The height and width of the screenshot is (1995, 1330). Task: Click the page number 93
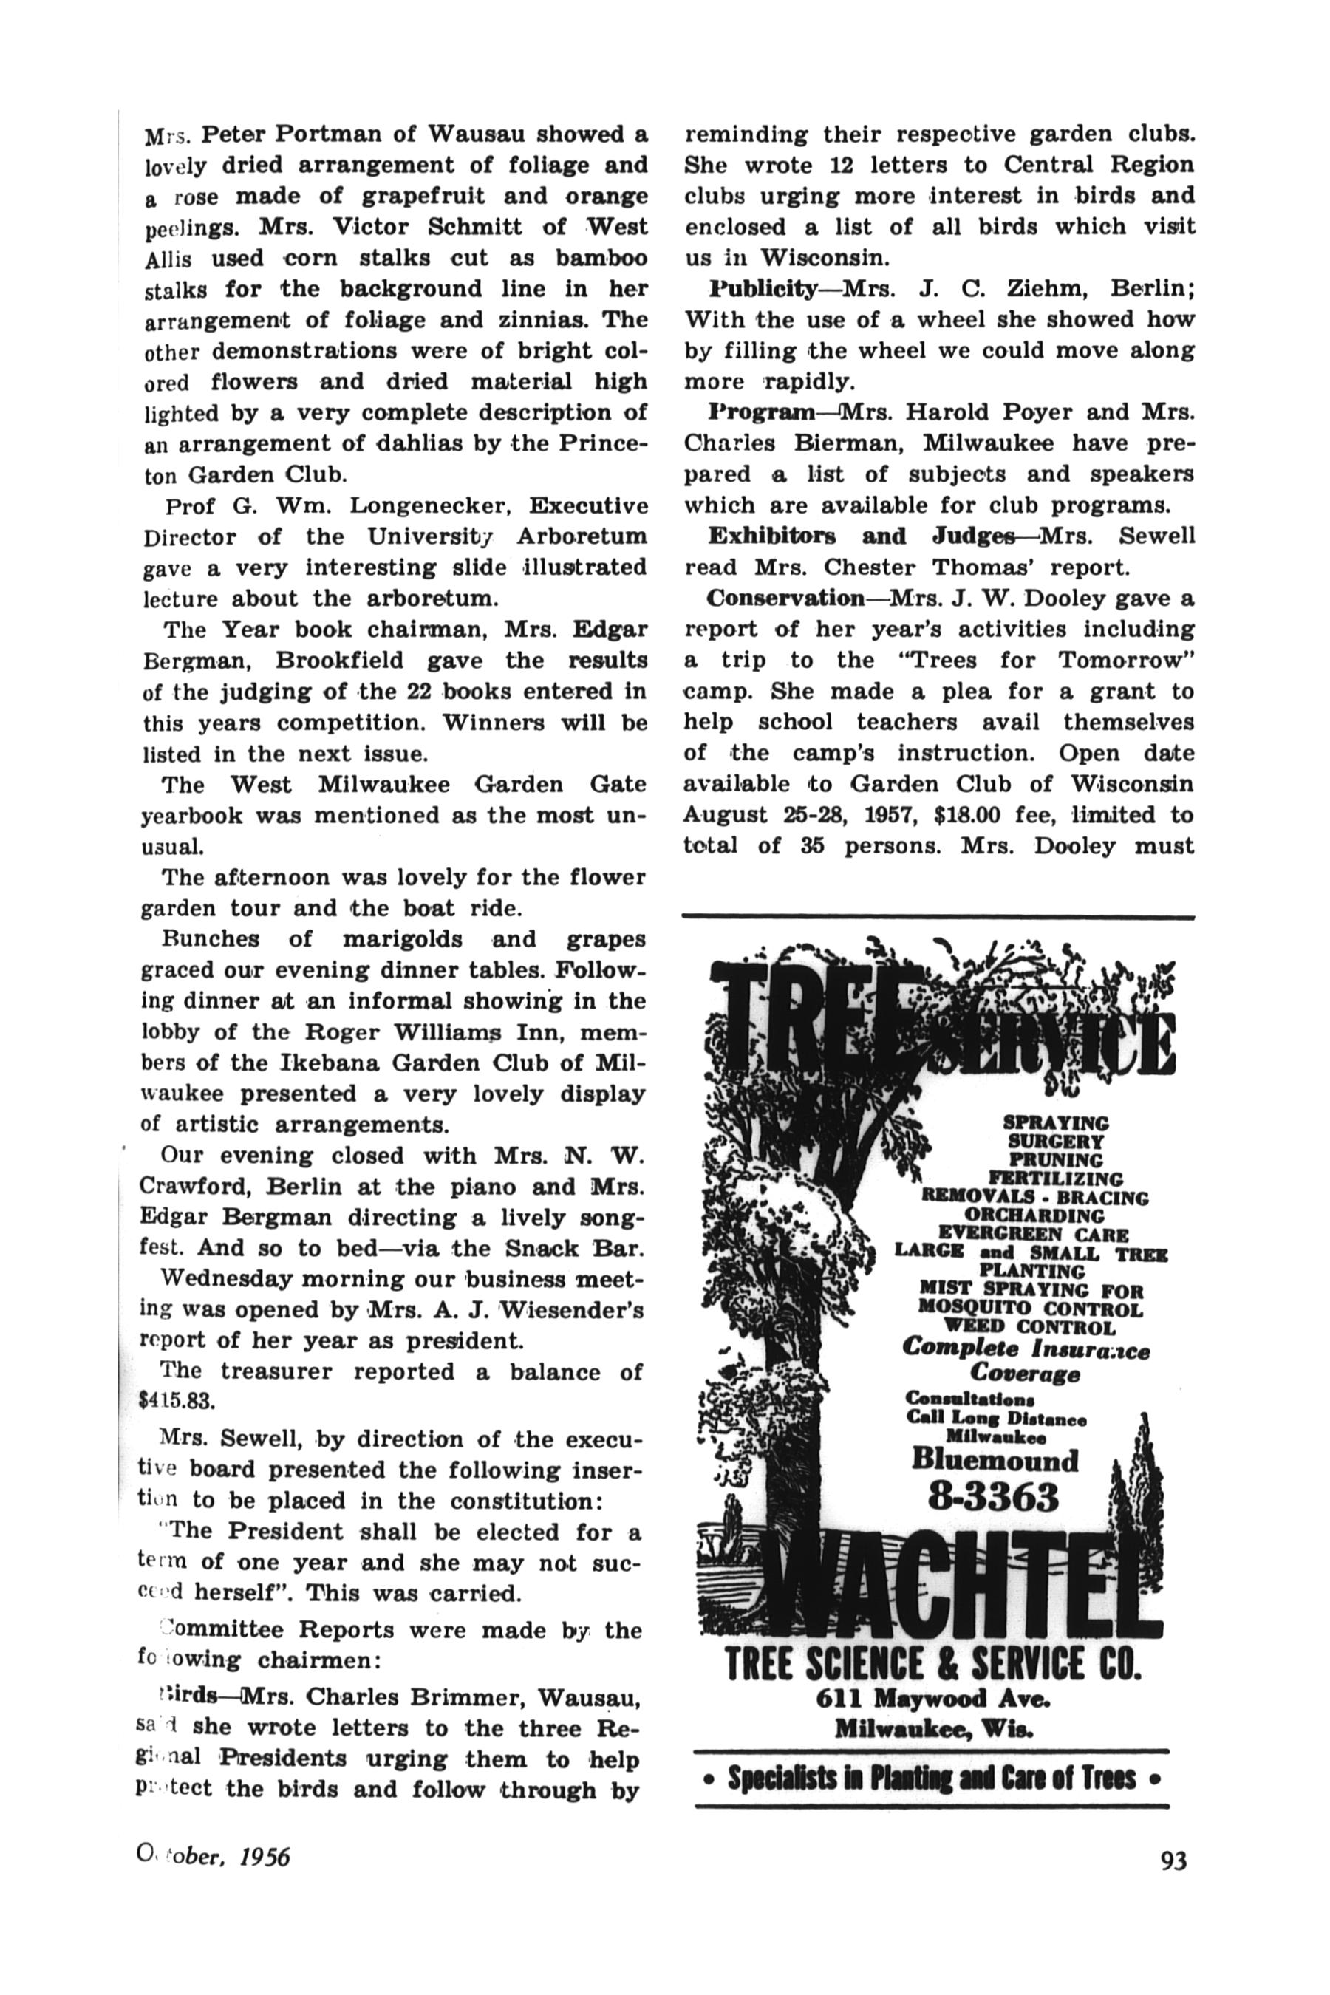[x=1174, y=1859]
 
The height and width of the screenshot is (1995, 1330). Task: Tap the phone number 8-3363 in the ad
[x=993, y=1497]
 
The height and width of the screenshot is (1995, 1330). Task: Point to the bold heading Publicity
[x=763, y=288]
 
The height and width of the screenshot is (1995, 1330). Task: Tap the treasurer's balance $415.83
[x=177, y=1399]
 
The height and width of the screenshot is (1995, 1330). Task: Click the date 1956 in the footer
[x=265, y=1857]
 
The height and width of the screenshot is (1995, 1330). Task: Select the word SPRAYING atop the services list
[x=1055, y=1122]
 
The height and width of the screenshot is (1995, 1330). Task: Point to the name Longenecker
[x=429, y=506]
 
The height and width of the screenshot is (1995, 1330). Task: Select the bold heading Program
[x=761, y=412]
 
